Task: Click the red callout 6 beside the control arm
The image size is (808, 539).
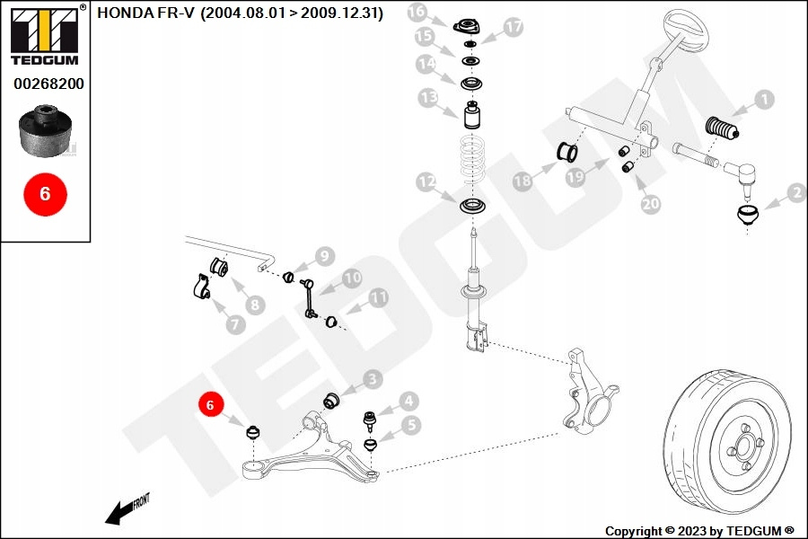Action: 210,405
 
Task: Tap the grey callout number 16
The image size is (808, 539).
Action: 417,13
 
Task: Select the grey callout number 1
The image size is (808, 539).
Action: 763,100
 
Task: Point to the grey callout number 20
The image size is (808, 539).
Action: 651,204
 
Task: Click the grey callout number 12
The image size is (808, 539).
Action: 426,183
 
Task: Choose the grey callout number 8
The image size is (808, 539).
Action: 255,305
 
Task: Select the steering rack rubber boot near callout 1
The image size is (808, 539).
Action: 724,128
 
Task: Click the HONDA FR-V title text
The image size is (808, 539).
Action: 240,13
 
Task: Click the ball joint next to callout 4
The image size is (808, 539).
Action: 367,420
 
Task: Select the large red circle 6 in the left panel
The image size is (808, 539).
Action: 45,193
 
